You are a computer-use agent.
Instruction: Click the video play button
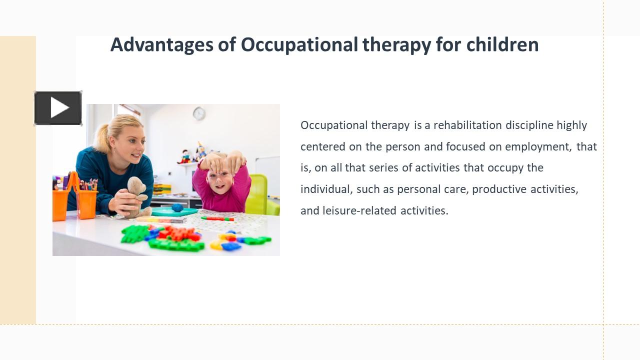click(58, 108)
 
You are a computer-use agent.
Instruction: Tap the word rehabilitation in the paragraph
click(467, 125)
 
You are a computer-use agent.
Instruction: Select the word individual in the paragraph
click(325, 189)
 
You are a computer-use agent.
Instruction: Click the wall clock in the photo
click(199, 113)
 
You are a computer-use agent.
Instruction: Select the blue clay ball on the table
click(177, 207)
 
